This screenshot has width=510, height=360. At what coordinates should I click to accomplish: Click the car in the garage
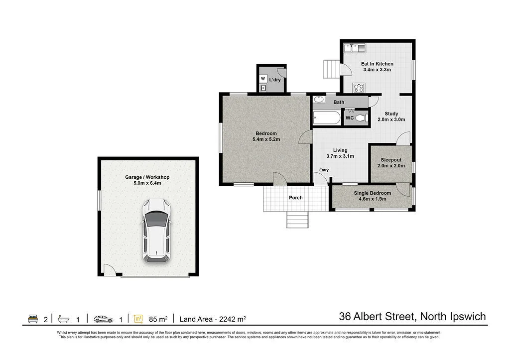(x=156, y=231)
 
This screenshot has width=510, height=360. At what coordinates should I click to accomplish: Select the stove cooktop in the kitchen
(x=359, y=88)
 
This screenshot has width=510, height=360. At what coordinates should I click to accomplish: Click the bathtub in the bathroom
(x=327, y=119)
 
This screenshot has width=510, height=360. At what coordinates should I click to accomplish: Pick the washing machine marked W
(x=263, y=79)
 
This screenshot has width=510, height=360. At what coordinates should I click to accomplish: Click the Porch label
(x=296, y=198)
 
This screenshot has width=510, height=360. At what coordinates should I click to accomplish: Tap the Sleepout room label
(x=391, y=160)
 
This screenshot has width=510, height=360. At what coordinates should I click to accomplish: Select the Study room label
(x=391, y=114)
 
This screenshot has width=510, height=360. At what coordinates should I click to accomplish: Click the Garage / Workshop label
(x=147, y=177)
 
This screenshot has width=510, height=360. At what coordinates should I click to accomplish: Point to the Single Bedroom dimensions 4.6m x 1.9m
(x=372, y=199)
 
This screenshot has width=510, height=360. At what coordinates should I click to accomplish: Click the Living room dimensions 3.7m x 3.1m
(x=340, y=156)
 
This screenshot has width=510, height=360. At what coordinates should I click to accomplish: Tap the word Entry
(x=324, y=170)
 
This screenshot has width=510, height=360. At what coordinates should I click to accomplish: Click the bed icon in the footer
(x=33, y=318)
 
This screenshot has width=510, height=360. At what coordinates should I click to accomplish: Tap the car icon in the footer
(x=103, y=318)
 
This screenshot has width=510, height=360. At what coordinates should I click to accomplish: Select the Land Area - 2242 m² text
(x=213, y=319)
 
